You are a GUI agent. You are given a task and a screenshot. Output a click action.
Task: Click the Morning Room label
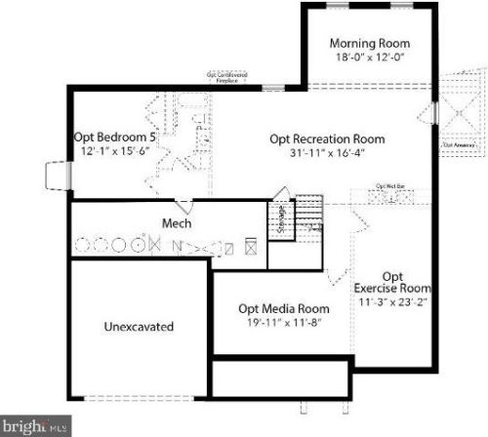369,43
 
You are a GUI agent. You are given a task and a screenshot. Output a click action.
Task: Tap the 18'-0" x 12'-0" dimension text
369,58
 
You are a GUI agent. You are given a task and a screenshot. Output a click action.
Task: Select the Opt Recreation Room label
327,138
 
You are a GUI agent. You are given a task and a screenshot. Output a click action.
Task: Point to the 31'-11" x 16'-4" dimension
327,152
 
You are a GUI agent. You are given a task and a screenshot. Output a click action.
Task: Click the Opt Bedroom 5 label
115,137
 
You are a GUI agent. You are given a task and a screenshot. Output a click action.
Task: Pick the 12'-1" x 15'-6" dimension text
115,151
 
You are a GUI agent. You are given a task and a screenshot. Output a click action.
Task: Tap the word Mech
176,223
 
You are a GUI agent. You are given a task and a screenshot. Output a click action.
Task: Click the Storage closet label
282,214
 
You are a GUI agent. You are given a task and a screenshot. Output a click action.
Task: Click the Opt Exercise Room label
392,282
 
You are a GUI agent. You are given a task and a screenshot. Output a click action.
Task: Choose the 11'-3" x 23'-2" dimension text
392,302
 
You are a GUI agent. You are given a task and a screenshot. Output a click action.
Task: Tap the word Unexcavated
139,327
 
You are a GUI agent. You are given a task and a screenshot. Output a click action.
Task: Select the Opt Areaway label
458,145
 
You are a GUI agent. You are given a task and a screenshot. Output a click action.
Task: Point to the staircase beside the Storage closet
308,212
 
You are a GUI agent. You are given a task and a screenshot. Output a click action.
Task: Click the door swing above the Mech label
183,205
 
